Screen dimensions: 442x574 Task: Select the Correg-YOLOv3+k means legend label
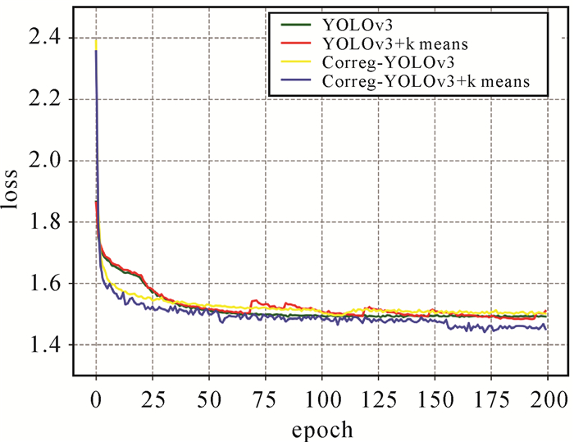425,80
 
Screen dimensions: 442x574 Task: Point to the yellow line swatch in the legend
295,63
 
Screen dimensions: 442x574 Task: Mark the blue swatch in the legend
295,81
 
